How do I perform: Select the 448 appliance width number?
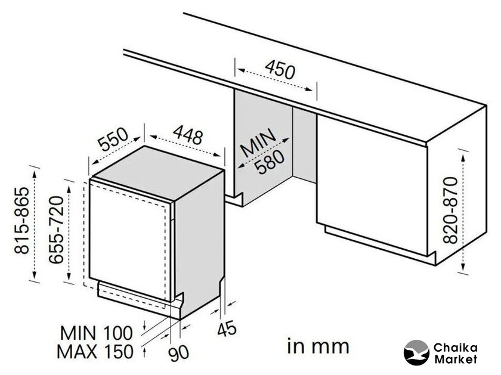[x=188, y=135]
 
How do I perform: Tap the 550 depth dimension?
[x=113, y=140]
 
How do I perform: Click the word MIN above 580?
[x=258, y=142]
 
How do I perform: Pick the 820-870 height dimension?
[x=451, y=210]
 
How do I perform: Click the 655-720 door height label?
[x=56, y=230]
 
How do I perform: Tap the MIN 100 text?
[x=96, y=333]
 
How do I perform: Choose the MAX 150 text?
[x=95, y=351]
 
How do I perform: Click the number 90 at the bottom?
[x=179, y=353]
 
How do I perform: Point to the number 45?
[x=227, y=329]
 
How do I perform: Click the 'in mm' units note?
[x=318, y=346]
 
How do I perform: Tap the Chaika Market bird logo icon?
[x=416, y=352]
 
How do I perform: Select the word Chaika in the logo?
[x=455, y=348]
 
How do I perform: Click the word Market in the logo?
[x=456, y=359]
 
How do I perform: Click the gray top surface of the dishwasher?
[x=158, y=172]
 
